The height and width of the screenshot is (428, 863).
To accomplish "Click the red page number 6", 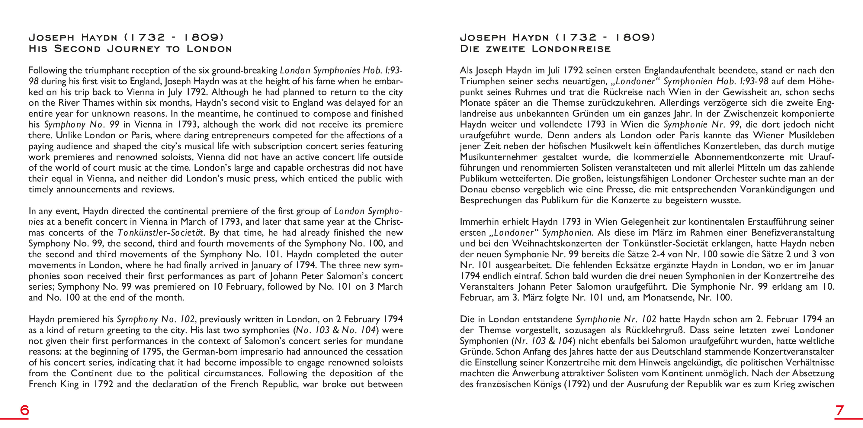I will [24, 410].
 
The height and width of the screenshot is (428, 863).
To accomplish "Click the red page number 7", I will [839, 410].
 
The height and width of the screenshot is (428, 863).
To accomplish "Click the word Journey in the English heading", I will [134, 49].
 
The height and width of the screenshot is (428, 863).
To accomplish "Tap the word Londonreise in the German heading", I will [571, 49].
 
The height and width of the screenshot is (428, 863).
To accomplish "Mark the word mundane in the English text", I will [384, 341].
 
